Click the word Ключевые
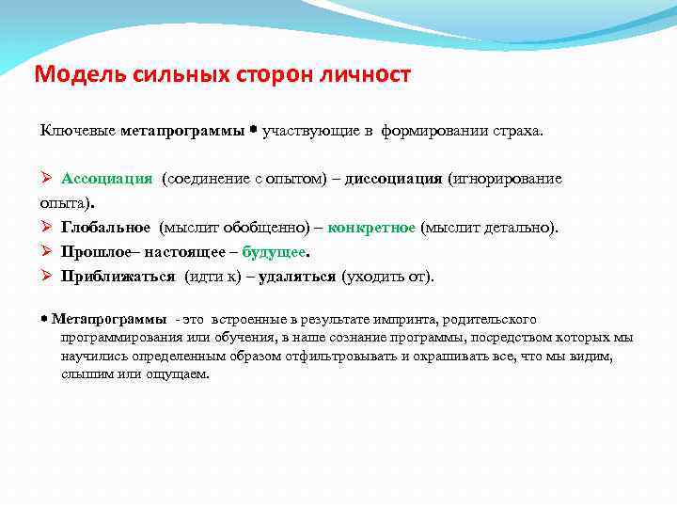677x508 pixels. pos(77,129)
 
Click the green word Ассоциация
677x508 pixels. pos(107,179)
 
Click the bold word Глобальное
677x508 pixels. pos(106,228)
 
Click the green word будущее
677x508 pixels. pos(274,252)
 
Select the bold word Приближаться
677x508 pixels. pos(118,277)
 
